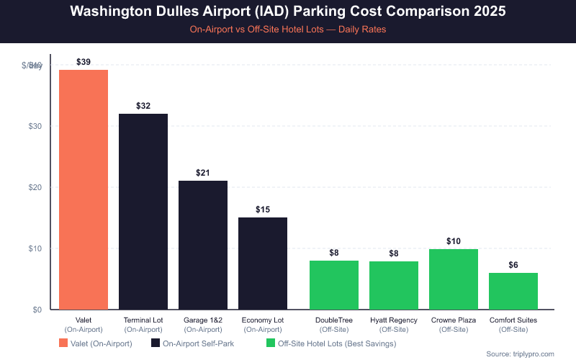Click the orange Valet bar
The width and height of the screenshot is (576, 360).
[84, 189]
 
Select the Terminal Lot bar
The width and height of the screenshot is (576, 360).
[143, 212]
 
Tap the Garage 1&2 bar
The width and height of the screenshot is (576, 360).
[203, 245]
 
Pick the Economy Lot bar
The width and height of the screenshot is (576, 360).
[263, 264]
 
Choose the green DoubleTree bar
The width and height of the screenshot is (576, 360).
[334, 285]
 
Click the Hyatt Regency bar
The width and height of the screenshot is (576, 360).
[394, 285]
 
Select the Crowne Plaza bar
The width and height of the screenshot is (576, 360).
[454, 279]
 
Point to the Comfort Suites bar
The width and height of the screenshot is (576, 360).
[513, 291]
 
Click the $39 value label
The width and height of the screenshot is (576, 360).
[84, 62]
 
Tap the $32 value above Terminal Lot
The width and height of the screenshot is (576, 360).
[143, 106]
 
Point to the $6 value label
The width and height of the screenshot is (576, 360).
[513, 265]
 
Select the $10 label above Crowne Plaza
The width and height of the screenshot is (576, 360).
[454, 240]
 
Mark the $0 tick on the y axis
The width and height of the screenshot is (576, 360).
[35, 310]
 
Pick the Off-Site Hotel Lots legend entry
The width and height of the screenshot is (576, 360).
[331, 343]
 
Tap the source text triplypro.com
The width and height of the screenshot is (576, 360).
[520, 354]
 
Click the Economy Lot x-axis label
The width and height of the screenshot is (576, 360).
[263, 319]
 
